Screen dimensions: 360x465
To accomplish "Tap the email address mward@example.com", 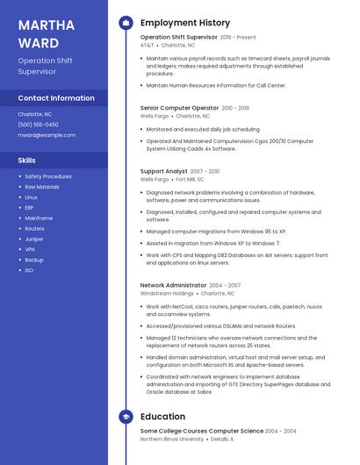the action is click(x=47, y=135).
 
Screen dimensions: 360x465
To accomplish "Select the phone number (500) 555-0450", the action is click(x=38, y=125).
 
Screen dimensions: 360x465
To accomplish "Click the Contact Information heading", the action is click(x=56, y=98).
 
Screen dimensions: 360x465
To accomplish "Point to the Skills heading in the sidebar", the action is click(x=27, y=161).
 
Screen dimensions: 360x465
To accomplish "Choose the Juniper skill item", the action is click(x=34, y=239).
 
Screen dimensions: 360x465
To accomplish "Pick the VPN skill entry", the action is click(x=30, y=249).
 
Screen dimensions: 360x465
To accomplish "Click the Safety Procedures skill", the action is click(x=48, y=176).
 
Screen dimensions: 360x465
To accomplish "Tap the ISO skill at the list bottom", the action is click(x=29, y=270).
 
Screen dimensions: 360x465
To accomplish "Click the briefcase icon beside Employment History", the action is click(x=125, y=23).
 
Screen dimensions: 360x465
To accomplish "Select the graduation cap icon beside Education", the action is click(x=125, y=417).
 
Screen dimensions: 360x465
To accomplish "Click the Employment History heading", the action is click(x=185, y=23).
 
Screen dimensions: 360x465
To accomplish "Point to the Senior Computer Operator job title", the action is click(x=179, y=108).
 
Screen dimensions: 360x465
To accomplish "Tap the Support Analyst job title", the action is click(x=164, y=171).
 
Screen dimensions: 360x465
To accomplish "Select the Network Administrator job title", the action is click(x=173, y=285).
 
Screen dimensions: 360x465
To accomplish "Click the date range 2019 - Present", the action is click(x=238, y=38).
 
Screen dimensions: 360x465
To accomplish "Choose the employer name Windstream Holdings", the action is click(x=167, y=293).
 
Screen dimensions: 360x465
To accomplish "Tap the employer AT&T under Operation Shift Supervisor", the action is click(x=147, y=45).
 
